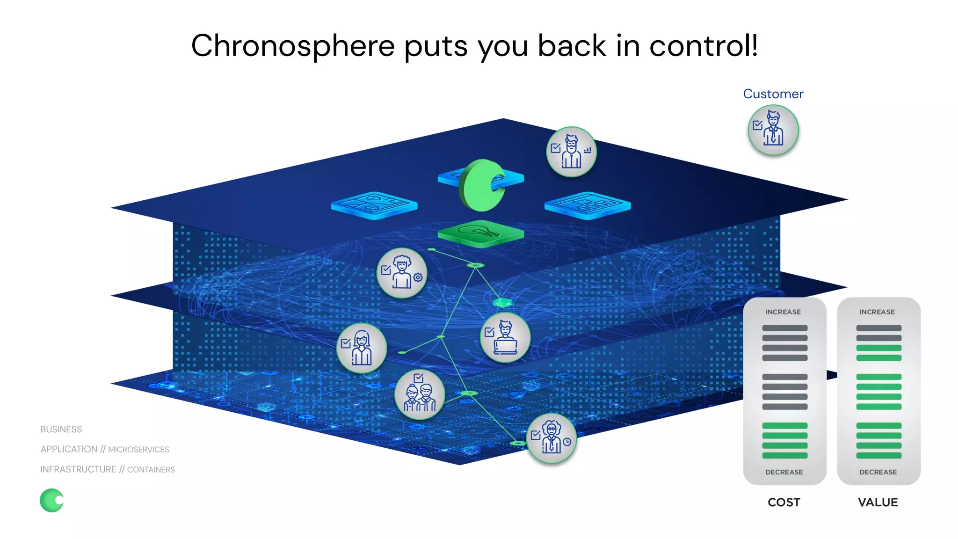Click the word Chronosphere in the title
tap(293, 46)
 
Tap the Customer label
tap(773, 94)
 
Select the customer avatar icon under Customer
tap(773, 130)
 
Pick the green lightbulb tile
tap(480, 232)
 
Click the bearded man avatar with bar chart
tap(571, 152)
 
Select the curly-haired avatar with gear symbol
tap(402, 273)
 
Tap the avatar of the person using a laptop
tap(505, 337)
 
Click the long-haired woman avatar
tap(362, 348)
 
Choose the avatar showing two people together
tap(420, 394)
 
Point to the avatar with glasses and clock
tap(552, 438)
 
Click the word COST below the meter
tap(784, 503)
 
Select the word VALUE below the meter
tap(878, 503)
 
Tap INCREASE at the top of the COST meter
tap(783, 312)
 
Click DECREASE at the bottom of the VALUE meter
tap(878, 472)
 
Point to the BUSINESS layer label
tap(61, 430)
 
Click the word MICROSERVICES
tap(138, 450)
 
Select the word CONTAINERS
tap(151, 470)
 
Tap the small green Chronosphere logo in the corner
tap(52, 500)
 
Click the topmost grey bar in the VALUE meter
tap(878, 328)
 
